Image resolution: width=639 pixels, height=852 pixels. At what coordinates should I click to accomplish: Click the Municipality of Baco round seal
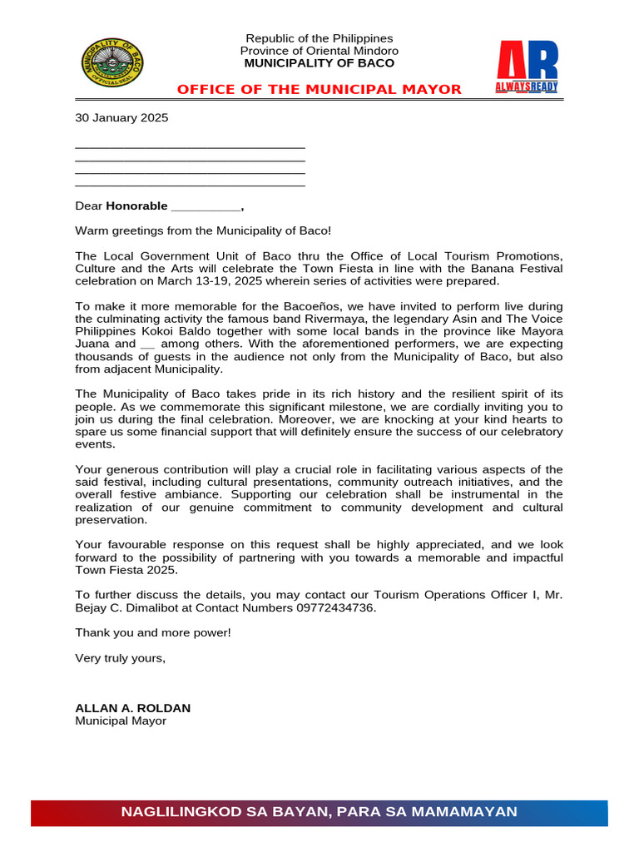tap(111, 62)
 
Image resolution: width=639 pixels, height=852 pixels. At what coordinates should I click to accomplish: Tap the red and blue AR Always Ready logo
tap(527, 67)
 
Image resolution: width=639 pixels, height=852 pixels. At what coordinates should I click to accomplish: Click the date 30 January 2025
tap(121, 118)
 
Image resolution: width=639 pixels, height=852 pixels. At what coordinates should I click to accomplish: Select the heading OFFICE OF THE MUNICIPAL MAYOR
tap(319, 90)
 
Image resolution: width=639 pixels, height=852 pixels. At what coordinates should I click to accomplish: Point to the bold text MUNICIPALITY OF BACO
tap(319, 63)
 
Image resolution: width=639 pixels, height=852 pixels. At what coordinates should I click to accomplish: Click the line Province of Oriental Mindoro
tap(319, 51)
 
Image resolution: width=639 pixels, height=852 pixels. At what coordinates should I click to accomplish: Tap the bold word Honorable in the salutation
tap(136, 206)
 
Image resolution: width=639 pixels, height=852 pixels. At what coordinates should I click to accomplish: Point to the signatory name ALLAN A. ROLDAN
tap(133, 708)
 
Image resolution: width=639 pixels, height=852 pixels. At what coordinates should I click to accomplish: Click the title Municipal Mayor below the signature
tap(121, 721)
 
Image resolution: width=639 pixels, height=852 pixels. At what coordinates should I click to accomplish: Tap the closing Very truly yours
tap(121, 658)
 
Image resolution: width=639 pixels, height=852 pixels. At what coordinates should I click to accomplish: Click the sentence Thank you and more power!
tap(153, 633)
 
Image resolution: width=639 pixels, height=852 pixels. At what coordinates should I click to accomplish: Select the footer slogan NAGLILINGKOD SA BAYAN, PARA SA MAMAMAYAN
tap(319, 812)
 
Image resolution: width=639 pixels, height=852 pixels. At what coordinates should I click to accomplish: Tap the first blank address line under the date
tap(190, 146)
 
